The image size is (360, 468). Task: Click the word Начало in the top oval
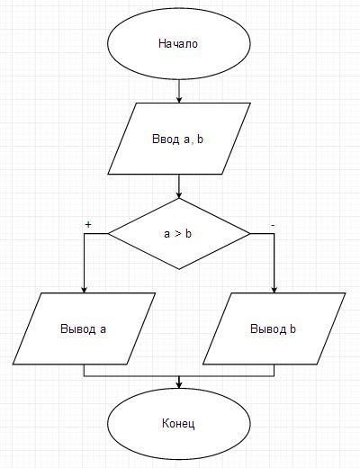[178, 44]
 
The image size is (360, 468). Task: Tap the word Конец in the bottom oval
[178, 424]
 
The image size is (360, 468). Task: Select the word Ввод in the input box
[166, 139]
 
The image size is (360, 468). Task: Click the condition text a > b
[177, 234]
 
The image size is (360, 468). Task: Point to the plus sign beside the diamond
[88, 224]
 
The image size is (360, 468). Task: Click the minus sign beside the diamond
[273, 225]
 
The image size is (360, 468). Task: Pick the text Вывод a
[83, 329]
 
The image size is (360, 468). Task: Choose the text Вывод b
[273, 329]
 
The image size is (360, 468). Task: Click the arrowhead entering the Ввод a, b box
[179, 100]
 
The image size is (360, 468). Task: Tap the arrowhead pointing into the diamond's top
[179, 194]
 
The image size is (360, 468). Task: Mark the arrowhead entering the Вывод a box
[84, 289]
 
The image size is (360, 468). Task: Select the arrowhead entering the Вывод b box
[274, 289]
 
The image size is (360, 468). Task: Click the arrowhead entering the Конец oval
[179, 385]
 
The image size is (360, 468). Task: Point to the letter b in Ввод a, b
[200, 139]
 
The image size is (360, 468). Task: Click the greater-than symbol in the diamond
[178, 234]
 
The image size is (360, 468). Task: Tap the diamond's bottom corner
[179, 269]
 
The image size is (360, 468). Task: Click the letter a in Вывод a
[103, 330]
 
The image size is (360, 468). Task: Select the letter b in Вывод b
[292, 329]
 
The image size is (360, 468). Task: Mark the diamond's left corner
[108, 234]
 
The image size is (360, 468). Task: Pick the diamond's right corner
[250, 234]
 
